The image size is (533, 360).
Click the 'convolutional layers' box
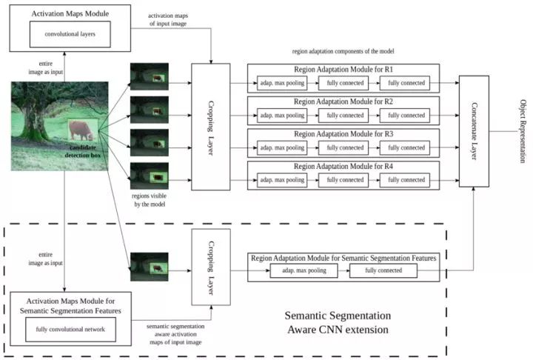click(70, 34)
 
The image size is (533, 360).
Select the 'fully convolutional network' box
click(71, 330)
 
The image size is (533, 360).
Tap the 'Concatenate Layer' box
click(474, 131)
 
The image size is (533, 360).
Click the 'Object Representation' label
click(523, 131)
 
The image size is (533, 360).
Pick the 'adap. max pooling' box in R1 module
click(282, 83)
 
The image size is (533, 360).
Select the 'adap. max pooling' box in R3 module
click(282, 147)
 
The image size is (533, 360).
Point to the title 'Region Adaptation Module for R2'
click(343, 101)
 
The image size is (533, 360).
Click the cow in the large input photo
click(81, 130)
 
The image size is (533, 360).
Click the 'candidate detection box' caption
click(83, 151)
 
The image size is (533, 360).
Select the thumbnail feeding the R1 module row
click(150, 76)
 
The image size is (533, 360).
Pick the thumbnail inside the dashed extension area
click(150, 267)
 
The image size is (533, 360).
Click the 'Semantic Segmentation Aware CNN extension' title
click(338, 322)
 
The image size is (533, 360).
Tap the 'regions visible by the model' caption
click(150, 200)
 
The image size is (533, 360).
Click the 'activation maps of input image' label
click(168, 20)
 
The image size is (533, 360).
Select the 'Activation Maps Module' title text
click(70, 13)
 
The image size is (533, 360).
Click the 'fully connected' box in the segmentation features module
click(383, 270)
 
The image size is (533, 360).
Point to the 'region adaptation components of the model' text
click(343, 51)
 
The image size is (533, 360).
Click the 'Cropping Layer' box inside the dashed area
click(211, 267)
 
